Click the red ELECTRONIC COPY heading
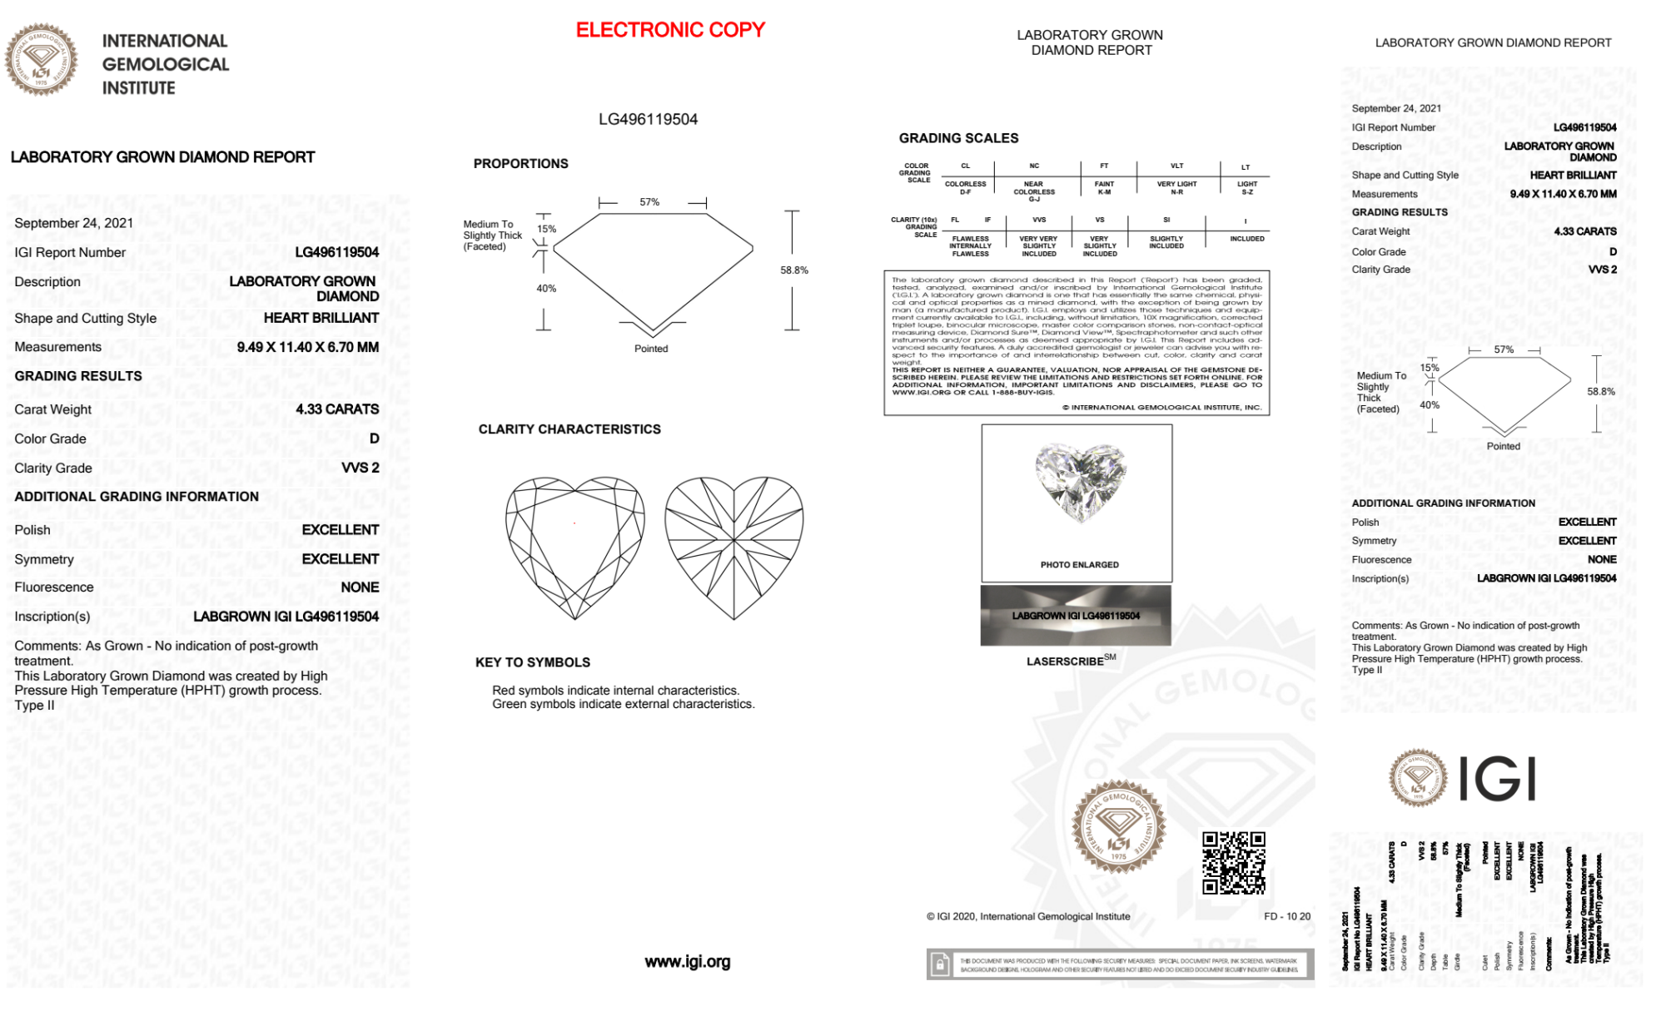pyautogui.click(x=670, y=30)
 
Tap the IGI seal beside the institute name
pyautogui.click(x=41, y=60)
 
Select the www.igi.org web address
pyautogui.click(x=687, y=962)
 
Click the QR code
pyautogui.click(x=1233, y=862)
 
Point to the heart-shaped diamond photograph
pyautogui.click(x=1080, y=481)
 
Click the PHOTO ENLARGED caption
pyautogui.click(x=1079, y=565)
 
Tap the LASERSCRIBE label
pyautogui.click(x=1066, y=662)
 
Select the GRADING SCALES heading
pyautogui.click(x=958, y=138)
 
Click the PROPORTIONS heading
pyautogui.click(x=520, y=164)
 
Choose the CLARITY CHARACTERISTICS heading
pyautogui.click(x=569, y=429)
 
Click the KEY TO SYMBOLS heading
pyautogui.click(x=533, y=662)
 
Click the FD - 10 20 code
pyautogui.click(x=1286, y=916)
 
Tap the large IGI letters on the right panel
pyautogui.click(x=1498, y=780)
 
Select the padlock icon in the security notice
pyautogui.click(x=940, y=964)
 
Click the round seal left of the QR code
pyautogui.click(x=1118, y=826)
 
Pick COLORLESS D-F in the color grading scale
pyautogui.click(x=965, y=188)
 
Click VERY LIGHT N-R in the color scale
pyautogui.click(x=1176, y=188)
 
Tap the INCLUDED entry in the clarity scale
pyautogui.click(x=1246, y=239)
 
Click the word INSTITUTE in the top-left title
pyautogui.click(x=138, y=88)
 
